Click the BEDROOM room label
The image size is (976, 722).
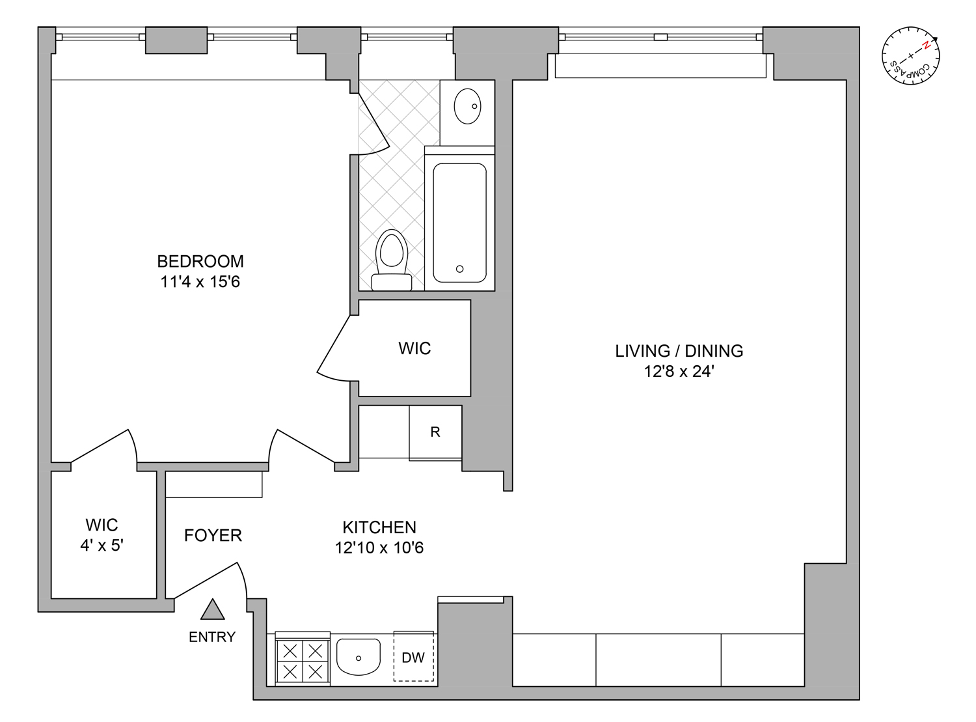click(200, 261)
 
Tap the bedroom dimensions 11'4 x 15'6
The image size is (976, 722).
click(200, 282)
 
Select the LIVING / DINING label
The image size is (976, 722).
click(679, 351)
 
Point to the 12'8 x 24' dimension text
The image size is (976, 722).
click(679, 372)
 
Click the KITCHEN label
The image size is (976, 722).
click(379, 527)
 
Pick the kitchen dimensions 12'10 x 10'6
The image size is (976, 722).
click(379, 548)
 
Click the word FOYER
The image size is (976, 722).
click(213, 535)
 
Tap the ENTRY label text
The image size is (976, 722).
click(212, 637)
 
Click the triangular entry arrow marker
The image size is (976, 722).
click(213, 611)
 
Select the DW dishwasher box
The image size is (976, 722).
click(413, 658)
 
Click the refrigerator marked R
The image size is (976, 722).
click(435, 432)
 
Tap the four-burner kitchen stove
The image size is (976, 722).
click(303, 660)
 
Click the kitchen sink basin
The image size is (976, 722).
click(359, 657)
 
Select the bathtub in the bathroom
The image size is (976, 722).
click(459, 221)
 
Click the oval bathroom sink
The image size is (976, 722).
click(467, 105)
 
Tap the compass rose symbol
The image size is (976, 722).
click(910, 56)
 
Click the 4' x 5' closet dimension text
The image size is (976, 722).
click(102, 546)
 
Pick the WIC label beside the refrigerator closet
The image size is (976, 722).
click(414, 348)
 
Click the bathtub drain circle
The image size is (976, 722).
click(460, 269)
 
